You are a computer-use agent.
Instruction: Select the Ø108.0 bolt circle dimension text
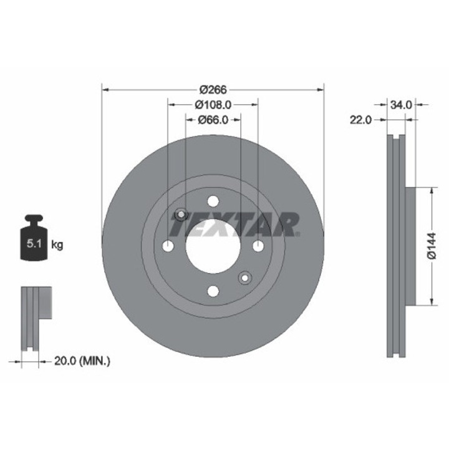tap(213, 105)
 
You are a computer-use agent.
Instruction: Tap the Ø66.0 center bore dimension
tap(213, 120)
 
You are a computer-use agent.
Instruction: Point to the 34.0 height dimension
tap(400, 105)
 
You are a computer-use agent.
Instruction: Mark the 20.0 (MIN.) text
tap(82, 360)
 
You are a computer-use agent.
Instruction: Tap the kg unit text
tap(57, 245)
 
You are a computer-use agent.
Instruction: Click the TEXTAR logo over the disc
tap(234, 224)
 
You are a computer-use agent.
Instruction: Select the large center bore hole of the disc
tap(213, 246)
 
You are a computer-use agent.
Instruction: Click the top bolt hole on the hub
tap(213, 201)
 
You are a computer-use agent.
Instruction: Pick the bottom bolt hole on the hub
tap(213, 292)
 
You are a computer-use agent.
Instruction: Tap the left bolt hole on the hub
tap(167, 246)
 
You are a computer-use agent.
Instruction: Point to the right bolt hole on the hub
tap(258, 246)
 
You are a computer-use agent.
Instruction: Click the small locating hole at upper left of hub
tap(181, 215)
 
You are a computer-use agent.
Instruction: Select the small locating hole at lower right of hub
tap(245, 278)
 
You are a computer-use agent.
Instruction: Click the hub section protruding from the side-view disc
tap(410, 246)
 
